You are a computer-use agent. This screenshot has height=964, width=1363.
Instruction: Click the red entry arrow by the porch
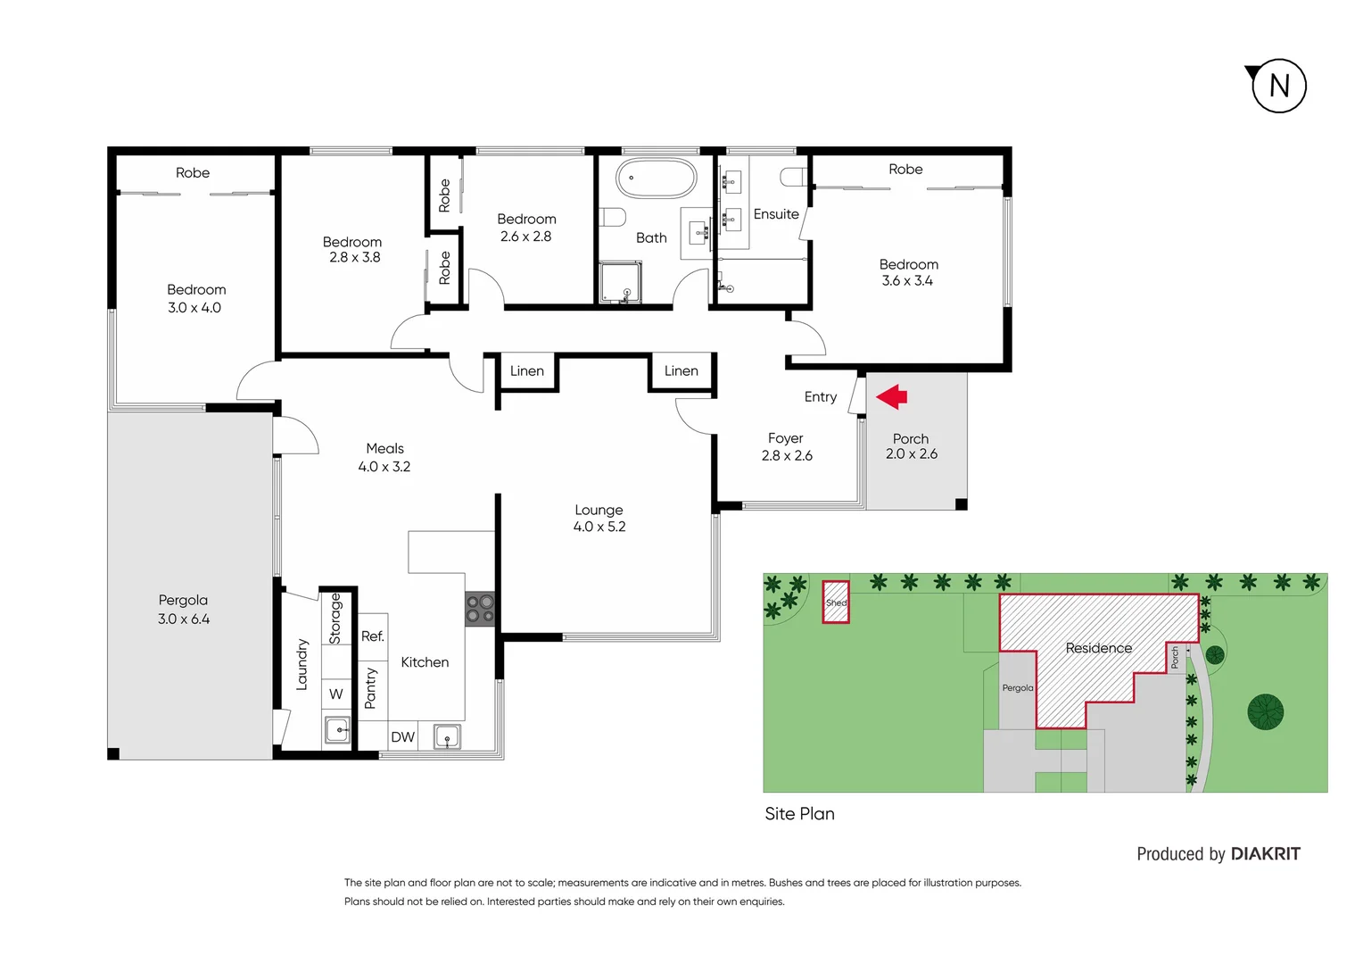[892, 396]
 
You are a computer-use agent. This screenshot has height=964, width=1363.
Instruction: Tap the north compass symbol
[1278, 86]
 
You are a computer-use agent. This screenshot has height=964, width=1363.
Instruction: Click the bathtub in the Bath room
[657, 179]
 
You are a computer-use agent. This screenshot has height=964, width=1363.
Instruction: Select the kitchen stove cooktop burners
[480, 609]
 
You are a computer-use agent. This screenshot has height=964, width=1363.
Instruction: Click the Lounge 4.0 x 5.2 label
[599, 519]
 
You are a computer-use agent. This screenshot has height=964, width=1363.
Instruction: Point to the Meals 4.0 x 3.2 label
[384, 457]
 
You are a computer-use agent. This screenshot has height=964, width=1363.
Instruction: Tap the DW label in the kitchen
[403, 737]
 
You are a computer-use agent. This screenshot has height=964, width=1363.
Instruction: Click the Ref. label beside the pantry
[373, 636]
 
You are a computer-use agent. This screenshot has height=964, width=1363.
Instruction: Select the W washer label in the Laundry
[336, 694]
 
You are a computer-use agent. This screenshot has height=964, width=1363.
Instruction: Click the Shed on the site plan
[836, 602]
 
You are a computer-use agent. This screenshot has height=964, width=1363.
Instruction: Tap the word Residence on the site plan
[1098, 648]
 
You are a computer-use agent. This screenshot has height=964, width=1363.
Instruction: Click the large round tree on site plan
[1265, 711]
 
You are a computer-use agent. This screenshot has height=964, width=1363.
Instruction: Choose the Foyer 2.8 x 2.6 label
[786, 446]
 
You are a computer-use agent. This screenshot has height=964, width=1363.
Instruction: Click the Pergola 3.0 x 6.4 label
[184, 610]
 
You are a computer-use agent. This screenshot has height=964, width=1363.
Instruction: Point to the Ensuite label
[776, 214]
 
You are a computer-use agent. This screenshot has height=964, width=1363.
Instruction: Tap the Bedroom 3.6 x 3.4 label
[908, 272]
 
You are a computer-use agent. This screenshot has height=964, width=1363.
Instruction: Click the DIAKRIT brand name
[1265, 854]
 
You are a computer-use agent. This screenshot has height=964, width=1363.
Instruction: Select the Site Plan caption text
[799, 814]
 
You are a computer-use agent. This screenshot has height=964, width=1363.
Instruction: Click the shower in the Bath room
[620, 282]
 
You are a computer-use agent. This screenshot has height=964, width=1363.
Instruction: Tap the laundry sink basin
[337, 729]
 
